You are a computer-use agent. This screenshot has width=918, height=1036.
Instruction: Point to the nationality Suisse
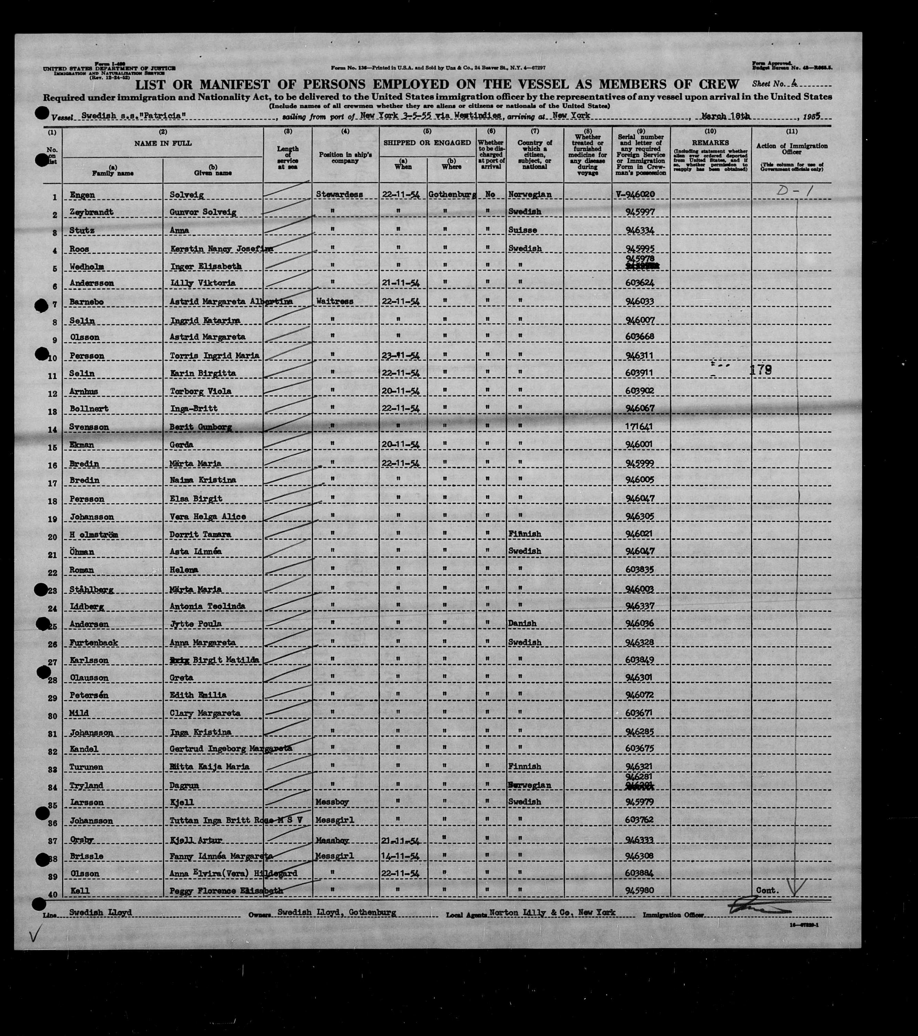coord(523,230)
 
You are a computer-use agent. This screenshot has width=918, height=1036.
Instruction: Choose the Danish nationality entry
coord(522,624)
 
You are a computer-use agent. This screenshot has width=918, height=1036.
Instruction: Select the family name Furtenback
coord(94,643)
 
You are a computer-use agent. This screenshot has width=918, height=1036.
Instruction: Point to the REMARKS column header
coord(710,143)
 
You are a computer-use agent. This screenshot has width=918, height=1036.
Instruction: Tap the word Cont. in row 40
coord(767,891)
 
